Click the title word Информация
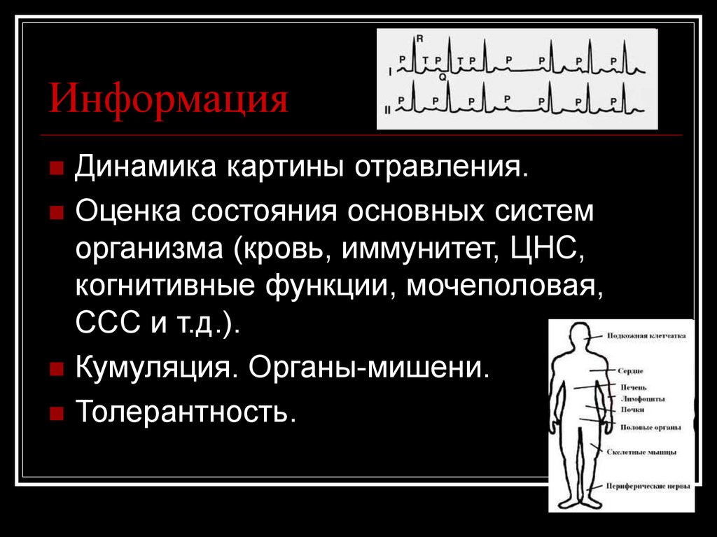(x=168, y=99)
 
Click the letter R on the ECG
(x=418, y=39)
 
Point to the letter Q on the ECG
(x=443, y=78)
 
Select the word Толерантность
(x=182, y=411)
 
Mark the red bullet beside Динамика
(x=57, y=169)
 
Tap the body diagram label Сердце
(x=629, y=370)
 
